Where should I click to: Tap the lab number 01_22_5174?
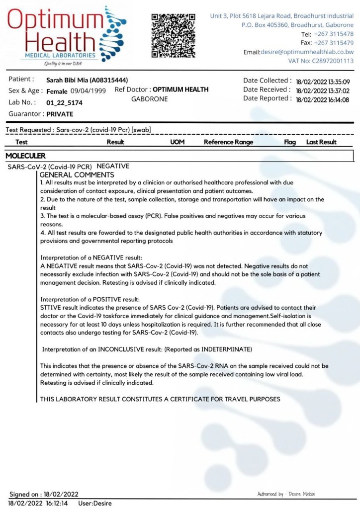(64, 103)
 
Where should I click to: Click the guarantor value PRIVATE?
(60, 114)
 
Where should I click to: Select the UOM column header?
(178, 142)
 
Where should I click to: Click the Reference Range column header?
(228, 142)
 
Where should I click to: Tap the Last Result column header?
(321, 142)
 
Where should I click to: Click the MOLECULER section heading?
(26, 156)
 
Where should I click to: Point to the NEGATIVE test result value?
(113, 166)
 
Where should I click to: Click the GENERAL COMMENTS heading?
(77, 175)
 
